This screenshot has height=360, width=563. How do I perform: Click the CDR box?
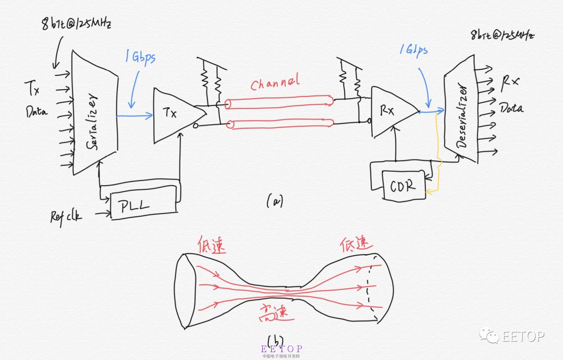point(403,185)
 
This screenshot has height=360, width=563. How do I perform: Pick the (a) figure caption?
point(274,200)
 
